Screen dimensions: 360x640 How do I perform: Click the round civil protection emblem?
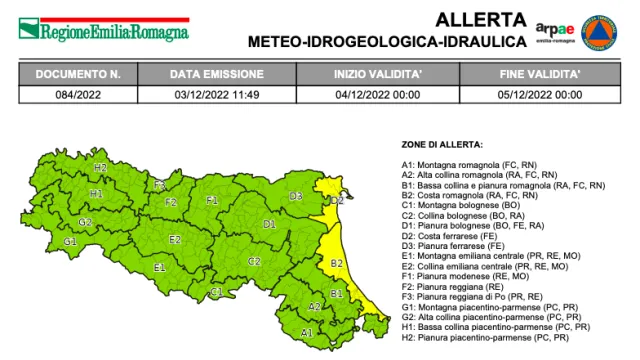600,31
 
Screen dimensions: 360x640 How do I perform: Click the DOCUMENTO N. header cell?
78,75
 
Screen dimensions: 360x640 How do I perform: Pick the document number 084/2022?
78,95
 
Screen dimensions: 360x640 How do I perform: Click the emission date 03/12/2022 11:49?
216,95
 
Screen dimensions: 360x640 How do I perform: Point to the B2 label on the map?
338,263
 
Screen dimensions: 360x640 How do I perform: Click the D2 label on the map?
337,201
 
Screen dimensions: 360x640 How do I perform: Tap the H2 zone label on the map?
100,168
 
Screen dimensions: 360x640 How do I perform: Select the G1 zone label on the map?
70,242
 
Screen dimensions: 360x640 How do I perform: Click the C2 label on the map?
254,260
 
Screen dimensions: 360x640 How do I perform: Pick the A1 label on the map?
306,332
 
